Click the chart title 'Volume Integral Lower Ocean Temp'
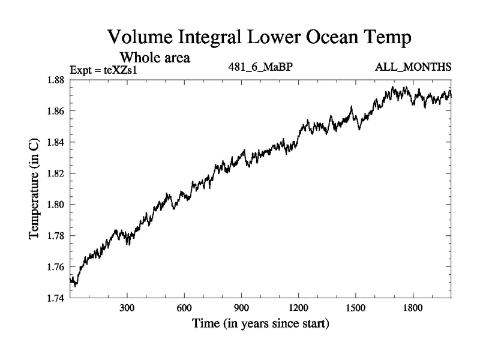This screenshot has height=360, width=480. click(x=259, y=38)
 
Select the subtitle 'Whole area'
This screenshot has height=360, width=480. click(x=155, y=58)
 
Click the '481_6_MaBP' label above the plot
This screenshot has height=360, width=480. click(x=259, y=68)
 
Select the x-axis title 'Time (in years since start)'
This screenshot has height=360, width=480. click(x=260, y=324)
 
